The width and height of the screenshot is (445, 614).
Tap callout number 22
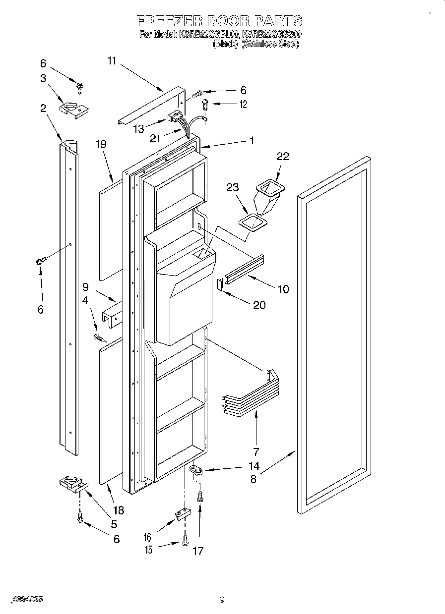coord(283,156)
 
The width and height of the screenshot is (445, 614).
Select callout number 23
coord(233,188)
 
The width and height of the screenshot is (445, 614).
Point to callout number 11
coord(111,61)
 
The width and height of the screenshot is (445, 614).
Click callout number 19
coord(101,144)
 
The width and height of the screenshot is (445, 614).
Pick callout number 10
coord(283,289)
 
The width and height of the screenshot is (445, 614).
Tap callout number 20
coord(259,305)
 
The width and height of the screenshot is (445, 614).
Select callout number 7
coord(256,451)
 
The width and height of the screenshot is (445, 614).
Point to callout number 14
coord(254,466)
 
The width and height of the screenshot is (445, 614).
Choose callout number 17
coord(197,551)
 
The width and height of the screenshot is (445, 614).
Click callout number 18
coord(118,510)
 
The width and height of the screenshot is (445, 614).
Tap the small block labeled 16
coord(181,513)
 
